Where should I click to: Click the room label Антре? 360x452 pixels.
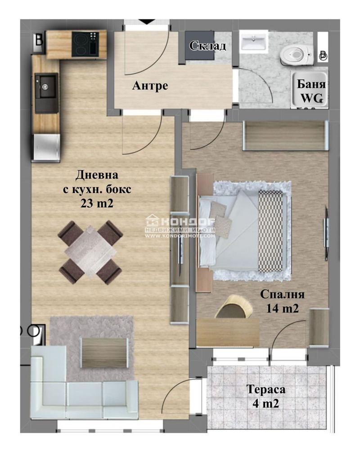click(150, 86)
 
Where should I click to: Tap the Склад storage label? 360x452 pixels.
click(207, 45)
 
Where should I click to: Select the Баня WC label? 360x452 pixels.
click(311, 91)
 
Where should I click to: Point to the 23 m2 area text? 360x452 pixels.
click(97, 203)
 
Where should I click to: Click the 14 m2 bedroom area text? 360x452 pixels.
click(282, 309)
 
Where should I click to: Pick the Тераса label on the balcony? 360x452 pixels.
click(266, 389)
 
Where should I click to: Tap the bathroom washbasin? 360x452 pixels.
click(254, 42)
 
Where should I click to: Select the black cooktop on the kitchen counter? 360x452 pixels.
click(85, 44)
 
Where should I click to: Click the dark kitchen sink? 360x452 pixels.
click(46, 93)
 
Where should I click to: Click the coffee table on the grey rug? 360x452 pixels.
click(104, 353)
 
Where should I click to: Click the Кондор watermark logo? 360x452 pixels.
click(180, 226)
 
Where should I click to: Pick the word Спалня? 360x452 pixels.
click(282, 294)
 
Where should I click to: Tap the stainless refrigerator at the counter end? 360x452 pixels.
click(47, 147)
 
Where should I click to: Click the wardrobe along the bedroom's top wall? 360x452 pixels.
click(286, 136)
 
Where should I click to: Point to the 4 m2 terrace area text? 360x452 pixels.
click(266, 403)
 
